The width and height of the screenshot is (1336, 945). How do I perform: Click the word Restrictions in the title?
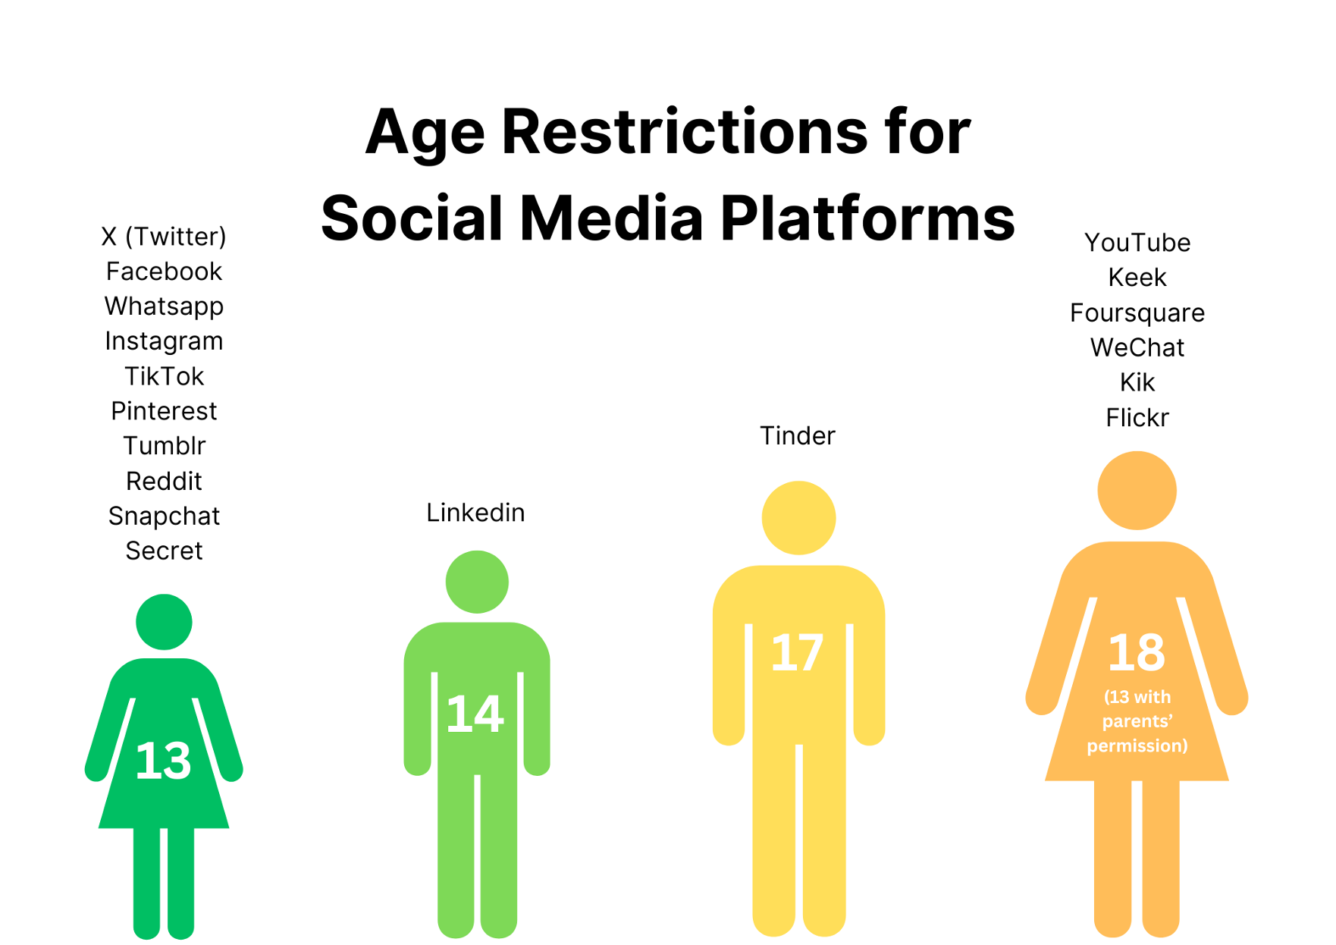click(684, 132)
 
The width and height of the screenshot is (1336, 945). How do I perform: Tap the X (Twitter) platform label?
click(164, 237)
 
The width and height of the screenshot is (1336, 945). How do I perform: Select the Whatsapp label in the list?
click(164, 306)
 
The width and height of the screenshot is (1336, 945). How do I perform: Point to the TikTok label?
click(164, 376)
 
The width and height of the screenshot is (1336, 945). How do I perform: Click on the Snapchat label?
click(164, 516)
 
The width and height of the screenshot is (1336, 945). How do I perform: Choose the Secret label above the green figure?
click(164, 551)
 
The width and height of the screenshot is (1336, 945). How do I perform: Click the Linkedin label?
click(475, 513)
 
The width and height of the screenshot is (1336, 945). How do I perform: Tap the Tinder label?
click(798, 436)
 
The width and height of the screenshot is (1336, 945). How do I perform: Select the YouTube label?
click(1137, 243)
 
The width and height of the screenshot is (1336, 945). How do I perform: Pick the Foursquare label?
click(1137, 312)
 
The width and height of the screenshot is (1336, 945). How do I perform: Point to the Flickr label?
click(1137, 418)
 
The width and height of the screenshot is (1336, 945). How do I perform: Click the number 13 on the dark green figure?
click(163, 761)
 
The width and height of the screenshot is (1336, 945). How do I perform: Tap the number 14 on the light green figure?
click(475, 714)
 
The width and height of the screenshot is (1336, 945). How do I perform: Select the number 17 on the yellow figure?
click(797, 652)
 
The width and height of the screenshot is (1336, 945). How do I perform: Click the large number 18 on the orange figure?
click(1137, 651)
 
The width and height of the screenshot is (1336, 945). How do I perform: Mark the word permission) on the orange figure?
click(1137, 746)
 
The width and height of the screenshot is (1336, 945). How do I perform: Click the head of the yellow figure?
click(799, 518)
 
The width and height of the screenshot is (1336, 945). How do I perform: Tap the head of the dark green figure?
click(164, 622)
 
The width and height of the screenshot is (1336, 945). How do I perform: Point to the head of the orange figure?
click(1137, 491)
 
